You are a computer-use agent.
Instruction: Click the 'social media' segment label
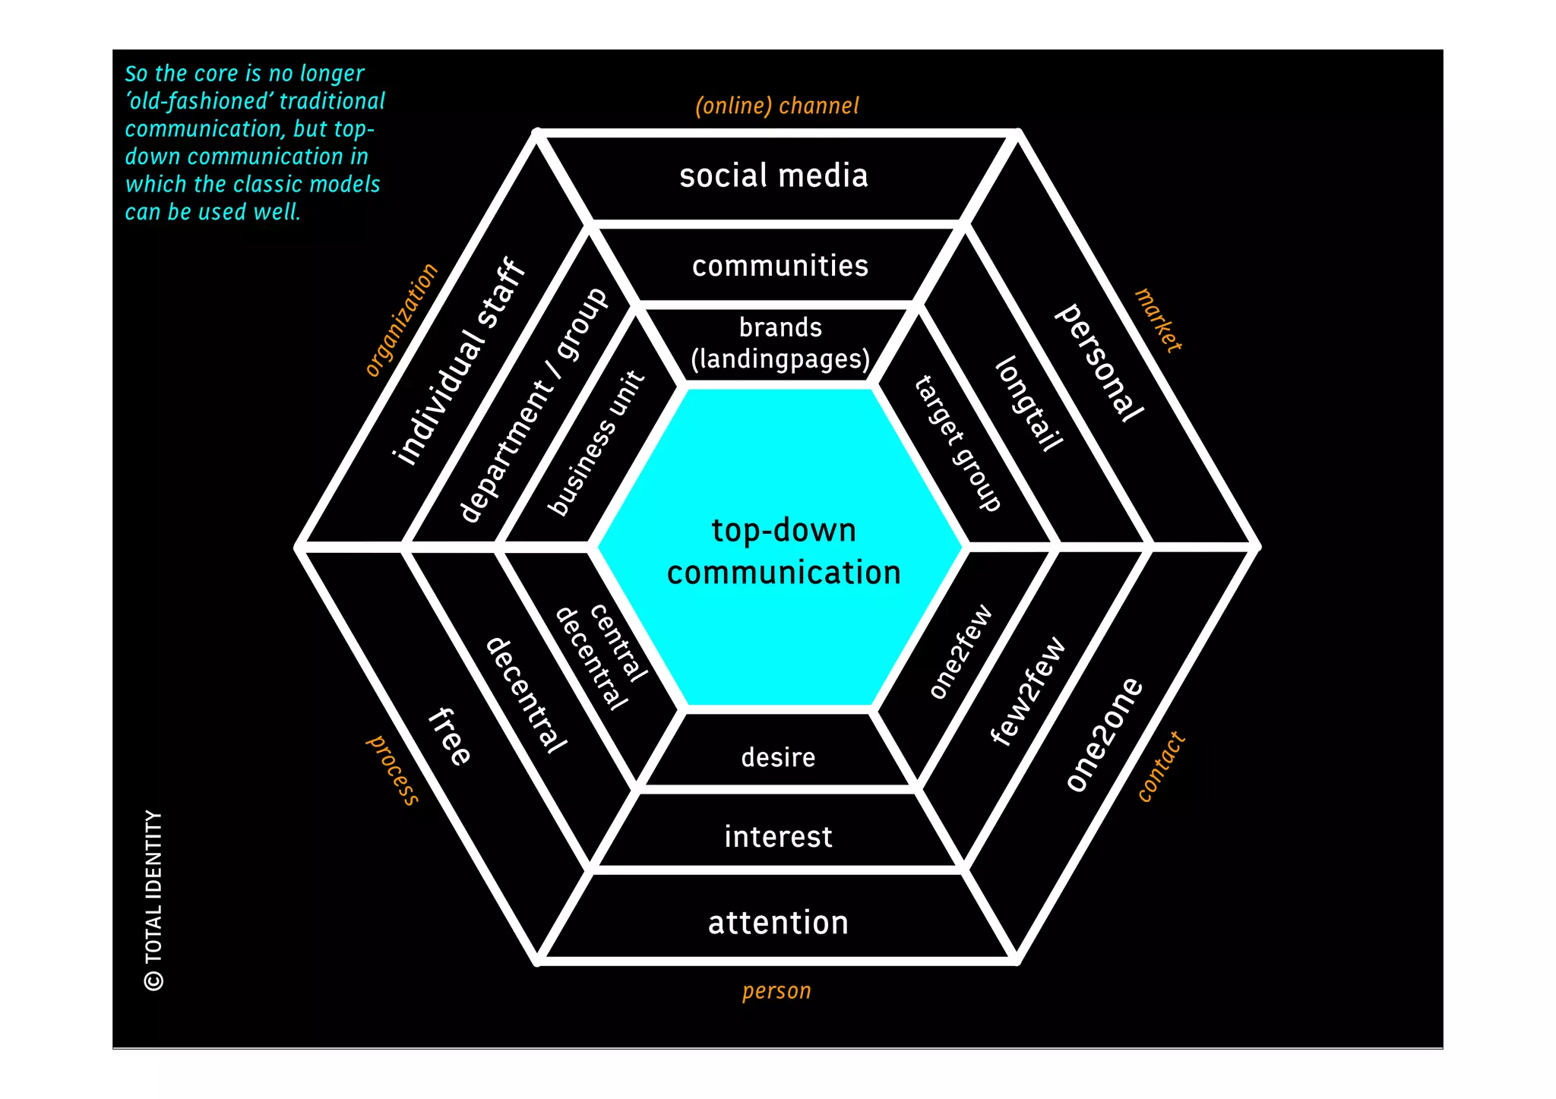pyautogui.click(x=773, y=175)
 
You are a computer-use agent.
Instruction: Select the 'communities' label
pyautogui.click(x=780, y=266)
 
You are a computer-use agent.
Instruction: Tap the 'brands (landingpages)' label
pyautogui.click(x=780, y=343)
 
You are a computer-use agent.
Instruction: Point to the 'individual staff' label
pyautogui.click(x=459, y=362)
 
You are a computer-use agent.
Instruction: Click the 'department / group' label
pyautogui.click(x=533, y=405)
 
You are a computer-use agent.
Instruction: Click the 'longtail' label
pyautogui.click(x=1029, y=404)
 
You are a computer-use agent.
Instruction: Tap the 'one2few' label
pyautogui.click(x=961, y=651)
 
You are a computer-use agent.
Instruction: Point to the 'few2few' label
pyautogui.click(x=1029, y=691)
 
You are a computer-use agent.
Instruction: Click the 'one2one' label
pyautogui.click(x=1104, y=734)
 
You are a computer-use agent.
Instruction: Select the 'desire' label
pyautogui.click(x=778, y=757)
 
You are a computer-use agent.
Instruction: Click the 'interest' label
pyautogui.click(x=778, y=836)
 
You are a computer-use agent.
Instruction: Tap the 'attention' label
pyautogui.click(x=778, y=923)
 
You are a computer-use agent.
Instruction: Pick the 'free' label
pyautogui.click(x=450, y=736)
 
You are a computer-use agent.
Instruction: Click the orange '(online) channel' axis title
pyautogui.click(x=777, y=106)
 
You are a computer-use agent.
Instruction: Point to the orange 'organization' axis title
pyautogui.click(x=402, y=320)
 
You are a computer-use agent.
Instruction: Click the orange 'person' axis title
pyautogui.click(x=776, y=991)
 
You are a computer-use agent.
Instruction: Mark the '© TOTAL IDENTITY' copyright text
pyautogui.click(x=153, y=900)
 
